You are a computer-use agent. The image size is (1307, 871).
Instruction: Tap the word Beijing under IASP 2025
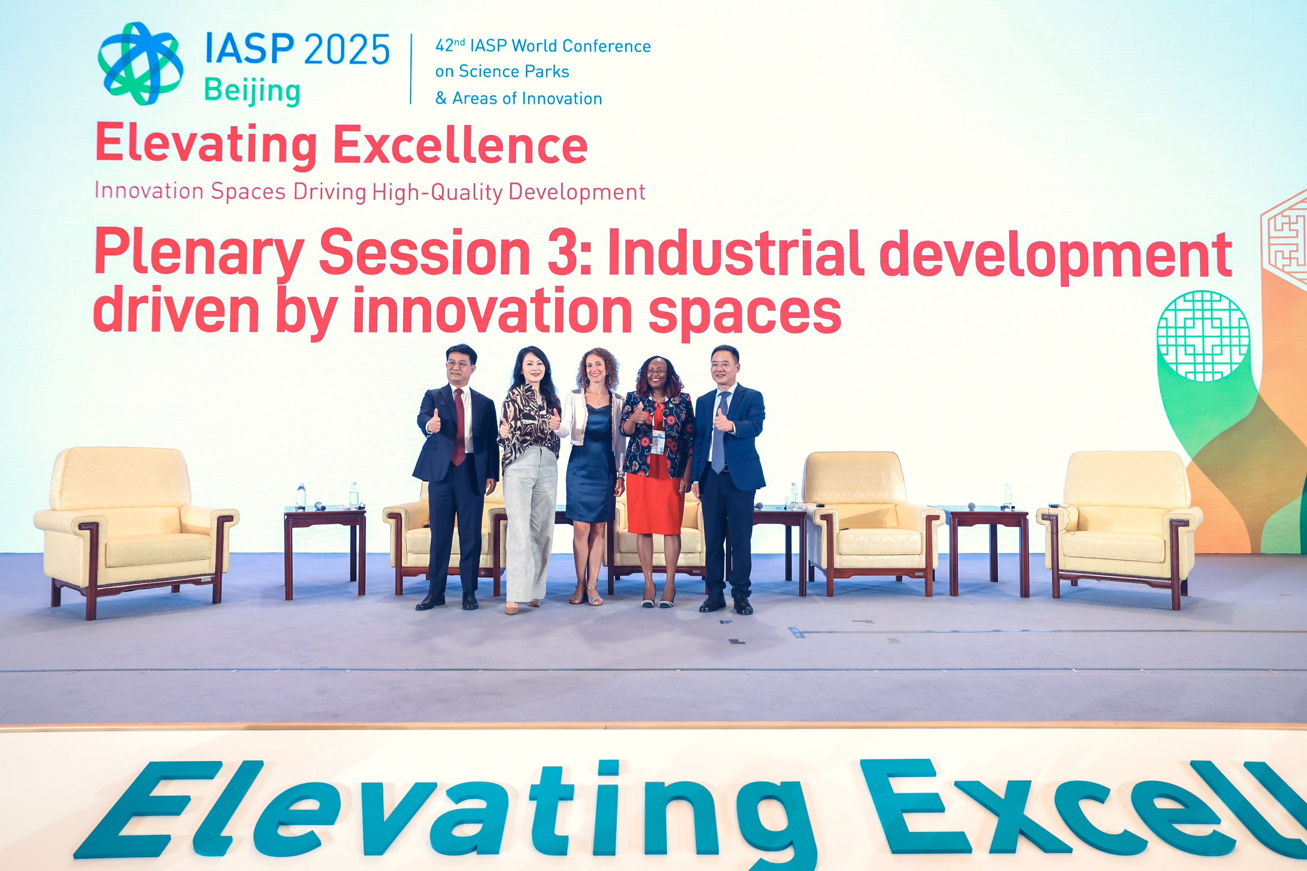[252, 91]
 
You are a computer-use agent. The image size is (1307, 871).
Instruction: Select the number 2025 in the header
[347, 49]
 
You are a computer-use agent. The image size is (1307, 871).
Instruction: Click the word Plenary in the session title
[199, 253]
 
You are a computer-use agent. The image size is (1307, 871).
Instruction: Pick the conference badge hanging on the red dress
[658, 442]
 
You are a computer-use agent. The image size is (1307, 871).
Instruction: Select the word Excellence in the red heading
[461, 144]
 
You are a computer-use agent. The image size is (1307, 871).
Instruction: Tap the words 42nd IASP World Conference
[543, 46]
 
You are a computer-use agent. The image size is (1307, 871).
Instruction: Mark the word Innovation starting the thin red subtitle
[149, 191]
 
